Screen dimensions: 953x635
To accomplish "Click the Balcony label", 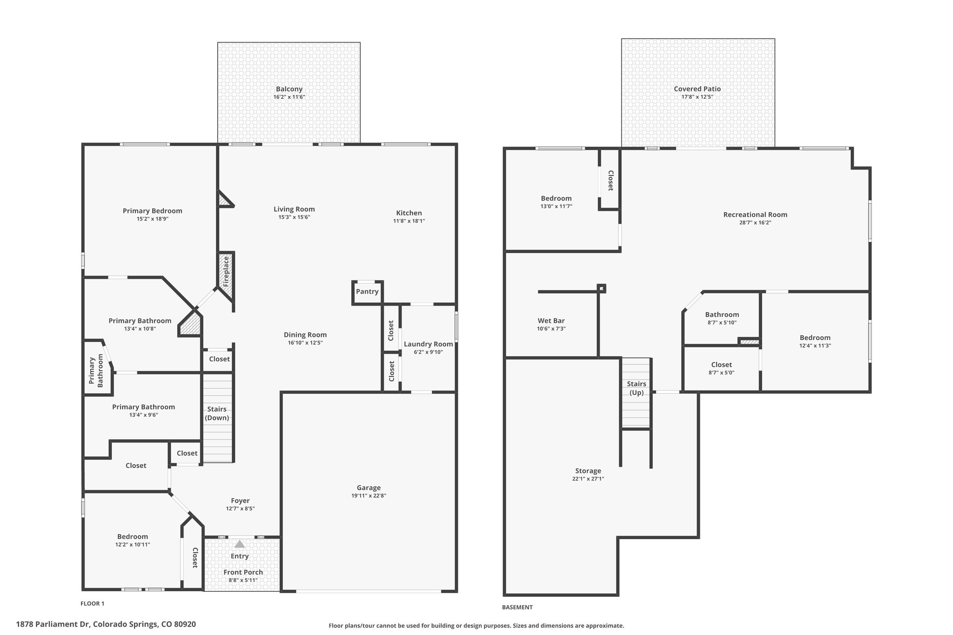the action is (x=289, y=89).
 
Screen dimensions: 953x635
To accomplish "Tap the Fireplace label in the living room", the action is (x=226, y=271).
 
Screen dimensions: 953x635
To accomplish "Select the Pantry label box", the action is (x=367, y=292).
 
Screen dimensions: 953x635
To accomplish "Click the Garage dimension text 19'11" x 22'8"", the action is (x=369, y=496).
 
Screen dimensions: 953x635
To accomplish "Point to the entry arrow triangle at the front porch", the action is (x=239, y=544).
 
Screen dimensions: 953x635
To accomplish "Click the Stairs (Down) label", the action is (x=217, y=413).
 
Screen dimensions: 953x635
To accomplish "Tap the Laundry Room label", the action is (x=428, y=344).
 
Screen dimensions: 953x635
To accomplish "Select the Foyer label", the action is (x=240, y=501).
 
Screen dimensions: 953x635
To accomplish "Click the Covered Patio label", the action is (x=697, y=89).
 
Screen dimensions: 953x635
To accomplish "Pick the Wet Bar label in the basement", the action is (x=551, y=321).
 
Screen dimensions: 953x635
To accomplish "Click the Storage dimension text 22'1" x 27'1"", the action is (x=588, y=479).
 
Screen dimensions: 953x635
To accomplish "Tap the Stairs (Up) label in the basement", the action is (x=636, y=388).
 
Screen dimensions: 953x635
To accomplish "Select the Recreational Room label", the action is (x=755, y=214).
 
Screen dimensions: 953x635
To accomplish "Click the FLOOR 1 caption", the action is (x=93, y=603).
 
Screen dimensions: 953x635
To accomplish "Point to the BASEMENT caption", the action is (x=517, y=607).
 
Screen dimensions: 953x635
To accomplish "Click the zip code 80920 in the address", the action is (x=185, y=624).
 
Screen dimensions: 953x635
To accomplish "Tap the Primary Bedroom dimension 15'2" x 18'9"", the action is (x=152, y=219).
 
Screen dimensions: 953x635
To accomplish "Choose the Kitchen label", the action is (x=409, y=213).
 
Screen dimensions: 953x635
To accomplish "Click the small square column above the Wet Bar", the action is (x=602, y=288).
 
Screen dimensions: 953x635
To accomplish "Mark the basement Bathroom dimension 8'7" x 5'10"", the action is (x=722, y=322).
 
